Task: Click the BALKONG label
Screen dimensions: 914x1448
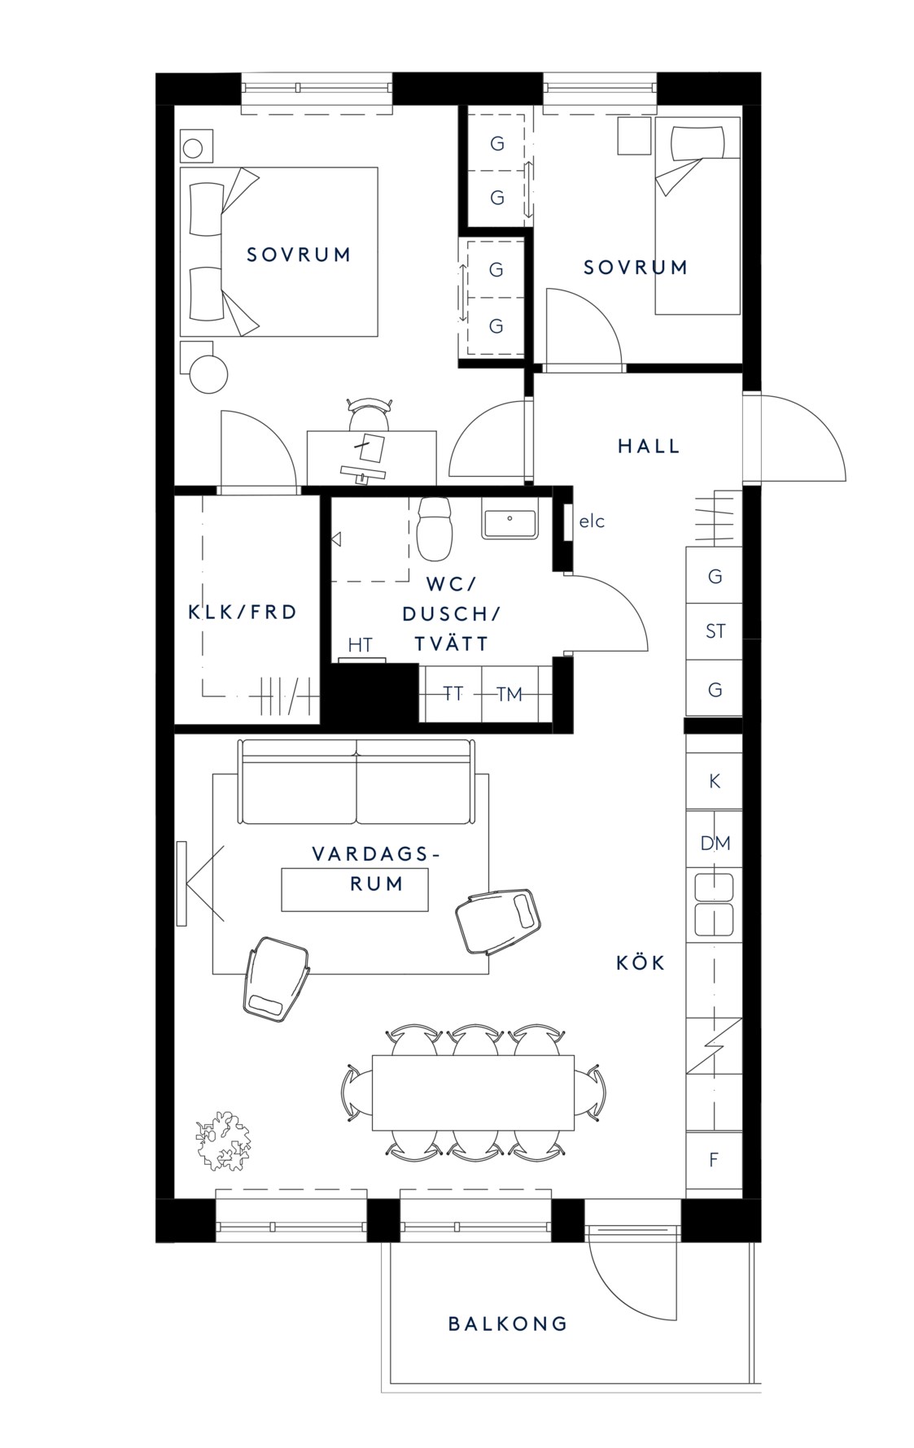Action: click(x=507, y=1324)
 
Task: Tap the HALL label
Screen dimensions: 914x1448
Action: click(x=649, y=446)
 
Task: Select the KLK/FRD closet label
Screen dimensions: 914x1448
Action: click(x=243, y=612)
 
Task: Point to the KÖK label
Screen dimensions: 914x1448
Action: click(x=641, y=963)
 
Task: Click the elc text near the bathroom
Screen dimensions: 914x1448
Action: click(x=592, y=521)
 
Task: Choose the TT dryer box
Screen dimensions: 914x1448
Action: click(x=452, y=693)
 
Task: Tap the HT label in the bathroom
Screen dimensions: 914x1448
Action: click(x=360, y=645)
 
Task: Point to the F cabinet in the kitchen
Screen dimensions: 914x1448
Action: click(x=714, y=1159)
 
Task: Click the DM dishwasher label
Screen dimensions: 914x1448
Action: click(x=715, y=844)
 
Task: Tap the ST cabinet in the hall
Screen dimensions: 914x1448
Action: click(x=715, y=631)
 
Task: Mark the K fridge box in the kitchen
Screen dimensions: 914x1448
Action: click(x=715, y=781)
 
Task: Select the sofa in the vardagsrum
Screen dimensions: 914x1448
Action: click(x=356, y=781)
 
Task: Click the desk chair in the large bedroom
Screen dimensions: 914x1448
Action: click(x=368, y=415)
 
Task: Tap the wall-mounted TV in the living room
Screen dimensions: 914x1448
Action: click(x=181, y=883)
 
